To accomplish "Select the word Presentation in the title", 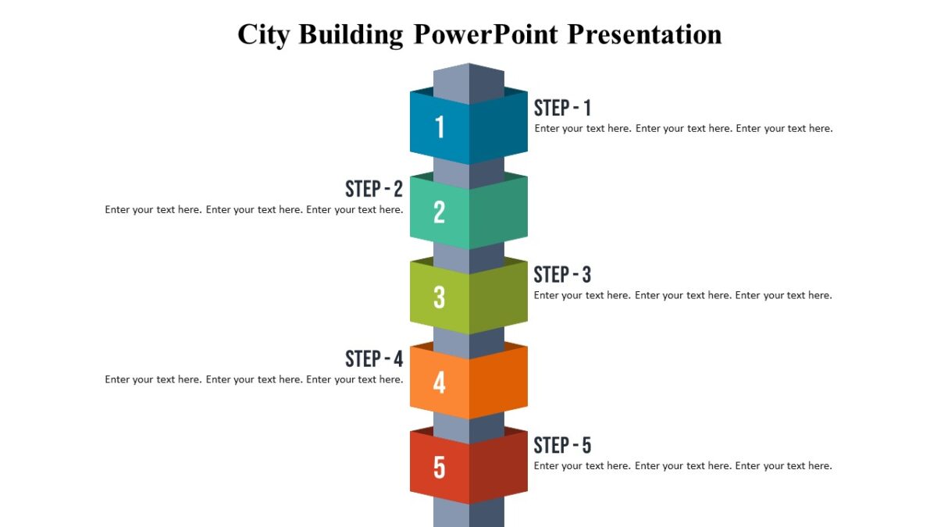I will tap(644, 34).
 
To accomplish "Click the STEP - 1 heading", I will tap(562, 108).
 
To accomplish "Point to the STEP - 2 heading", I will tap(374, 189).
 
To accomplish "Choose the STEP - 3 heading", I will tap(562, 275).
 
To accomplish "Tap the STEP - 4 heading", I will tap(374, 359).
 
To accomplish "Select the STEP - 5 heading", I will tap(562, 446).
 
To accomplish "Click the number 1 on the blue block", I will tap(440, 127).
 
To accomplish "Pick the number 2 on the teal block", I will tap(440, 212).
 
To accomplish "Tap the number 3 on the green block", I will tap(440, 297).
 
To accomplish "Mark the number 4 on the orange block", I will tap(440, 383).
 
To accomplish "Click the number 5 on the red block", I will tap(440, 468).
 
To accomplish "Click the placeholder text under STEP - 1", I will tap(683, 129).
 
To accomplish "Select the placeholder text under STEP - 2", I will tap(254, 210).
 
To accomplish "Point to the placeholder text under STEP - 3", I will tap(683, 296).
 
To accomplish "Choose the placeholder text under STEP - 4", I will tap(254, 380).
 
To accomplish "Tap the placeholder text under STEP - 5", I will tap(683, 466).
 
